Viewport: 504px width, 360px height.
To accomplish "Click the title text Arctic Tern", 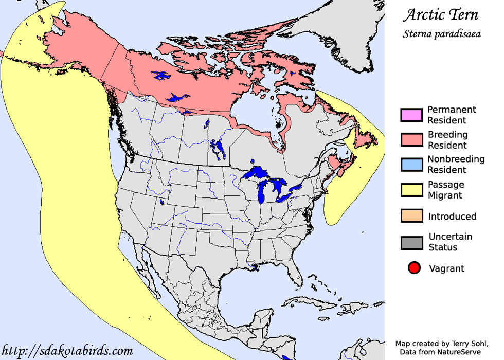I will [440, 14].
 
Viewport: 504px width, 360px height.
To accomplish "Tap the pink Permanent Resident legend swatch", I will [411, 115].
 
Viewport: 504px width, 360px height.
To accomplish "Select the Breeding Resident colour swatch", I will [411, 140].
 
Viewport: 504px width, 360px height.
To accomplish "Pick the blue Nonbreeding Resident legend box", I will [411, 165].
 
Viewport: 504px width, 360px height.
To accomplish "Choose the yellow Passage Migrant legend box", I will [411, 190].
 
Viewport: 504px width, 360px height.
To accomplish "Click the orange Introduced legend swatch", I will [411, 216].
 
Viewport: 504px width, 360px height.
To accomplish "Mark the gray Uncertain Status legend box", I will [411, 242].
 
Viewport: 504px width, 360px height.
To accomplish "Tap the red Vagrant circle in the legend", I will [414, 268].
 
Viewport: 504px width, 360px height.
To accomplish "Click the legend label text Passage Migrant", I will [446, 190].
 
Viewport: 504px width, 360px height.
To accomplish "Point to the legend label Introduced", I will [452, 217].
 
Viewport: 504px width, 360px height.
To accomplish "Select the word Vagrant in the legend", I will [446, 268].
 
